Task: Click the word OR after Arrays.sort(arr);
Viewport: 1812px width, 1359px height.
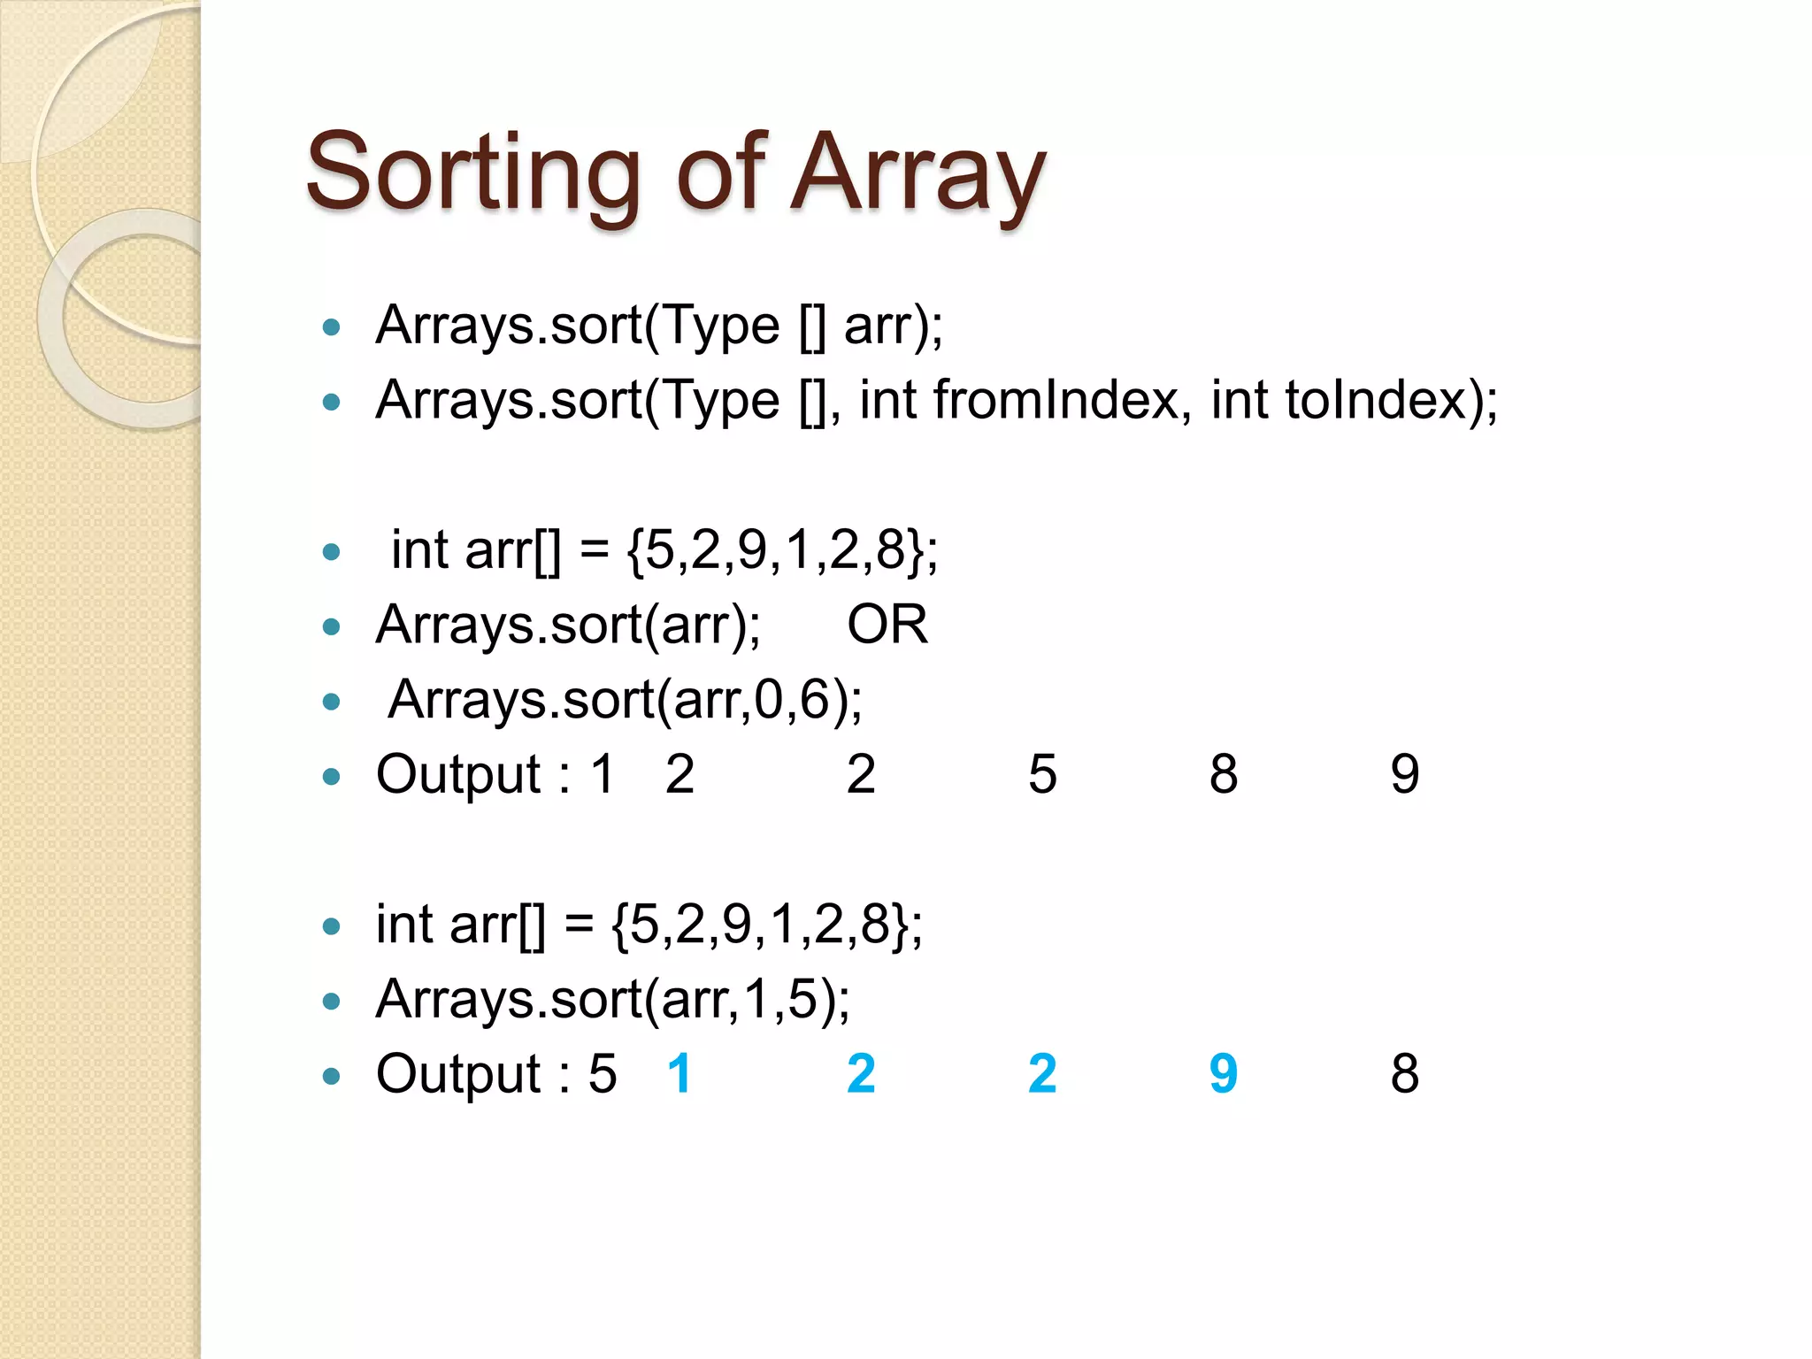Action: (x=887, y=625)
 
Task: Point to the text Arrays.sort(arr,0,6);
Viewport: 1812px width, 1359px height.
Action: (x=625, y=700)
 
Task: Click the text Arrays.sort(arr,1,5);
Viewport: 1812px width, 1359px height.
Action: (x=612, y=1000)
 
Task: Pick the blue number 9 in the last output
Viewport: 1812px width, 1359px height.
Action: (x=1224, y=1074)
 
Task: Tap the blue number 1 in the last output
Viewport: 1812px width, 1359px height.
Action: (x=679, y=1074)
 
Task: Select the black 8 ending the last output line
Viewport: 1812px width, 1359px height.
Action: (x=1405, y=1074)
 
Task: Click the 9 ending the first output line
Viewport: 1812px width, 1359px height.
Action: (x=1405, y=774)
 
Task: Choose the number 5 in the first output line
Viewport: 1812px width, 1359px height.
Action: (x=1042, y=774)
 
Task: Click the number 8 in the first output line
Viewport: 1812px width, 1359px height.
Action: (x=1224, y=774)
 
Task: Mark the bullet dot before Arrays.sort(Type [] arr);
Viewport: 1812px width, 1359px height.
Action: (x=332, y=328)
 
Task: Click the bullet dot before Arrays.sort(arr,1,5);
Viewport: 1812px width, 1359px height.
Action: (x=332, y=1002)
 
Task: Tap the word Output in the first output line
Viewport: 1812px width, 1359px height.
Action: (x=458, y=774)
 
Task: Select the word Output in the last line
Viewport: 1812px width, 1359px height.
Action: (x=458, y=1074)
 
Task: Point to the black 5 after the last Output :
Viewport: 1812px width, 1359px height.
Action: (x=603, y=1074)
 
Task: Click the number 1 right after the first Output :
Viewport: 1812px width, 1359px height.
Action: (x=603, y=774)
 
